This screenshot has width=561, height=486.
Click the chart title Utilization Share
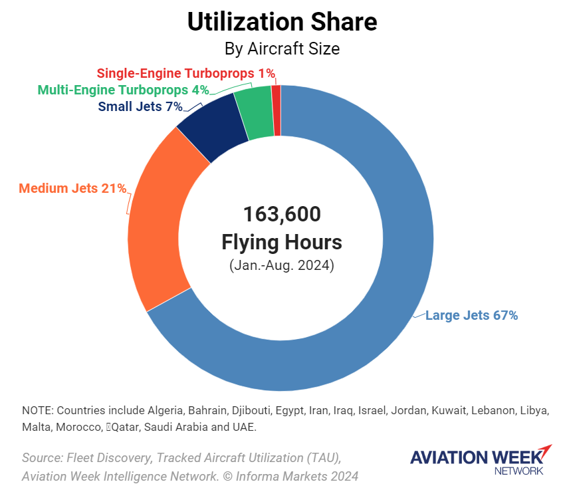281,23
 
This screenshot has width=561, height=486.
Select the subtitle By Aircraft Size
281,49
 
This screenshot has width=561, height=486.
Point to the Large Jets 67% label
471,316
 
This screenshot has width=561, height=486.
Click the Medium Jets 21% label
72,189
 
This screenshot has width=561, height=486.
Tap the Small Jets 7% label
140,106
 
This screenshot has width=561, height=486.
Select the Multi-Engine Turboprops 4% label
123,90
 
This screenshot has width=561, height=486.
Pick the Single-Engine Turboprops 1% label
185,73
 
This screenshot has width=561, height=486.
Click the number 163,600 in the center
281,214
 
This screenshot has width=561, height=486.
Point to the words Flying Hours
281,242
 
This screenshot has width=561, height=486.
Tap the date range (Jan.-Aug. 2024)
281,265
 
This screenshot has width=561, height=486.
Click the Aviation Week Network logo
481,459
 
